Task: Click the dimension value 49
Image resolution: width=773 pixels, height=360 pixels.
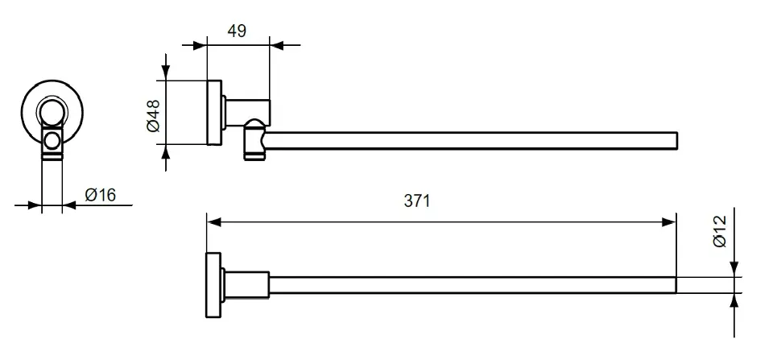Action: click(237, 31)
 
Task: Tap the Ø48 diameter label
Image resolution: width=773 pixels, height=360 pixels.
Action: click(153, 116)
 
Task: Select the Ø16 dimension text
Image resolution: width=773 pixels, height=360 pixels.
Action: click(100, 195)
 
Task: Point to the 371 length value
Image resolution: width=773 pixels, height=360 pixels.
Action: click(417, 201)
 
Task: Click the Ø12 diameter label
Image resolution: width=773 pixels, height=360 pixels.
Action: click(720, 231)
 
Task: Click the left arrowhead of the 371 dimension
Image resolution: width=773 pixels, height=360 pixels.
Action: click(214, 222)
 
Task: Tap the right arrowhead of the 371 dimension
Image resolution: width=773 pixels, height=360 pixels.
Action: click(669, 222)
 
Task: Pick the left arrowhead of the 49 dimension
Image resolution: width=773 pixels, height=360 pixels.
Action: click(200, 45)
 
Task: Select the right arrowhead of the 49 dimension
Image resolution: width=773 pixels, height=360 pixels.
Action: click(276, 45)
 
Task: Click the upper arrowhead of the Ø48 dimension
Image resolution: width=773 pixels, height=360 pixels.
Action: click(166, 73)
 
